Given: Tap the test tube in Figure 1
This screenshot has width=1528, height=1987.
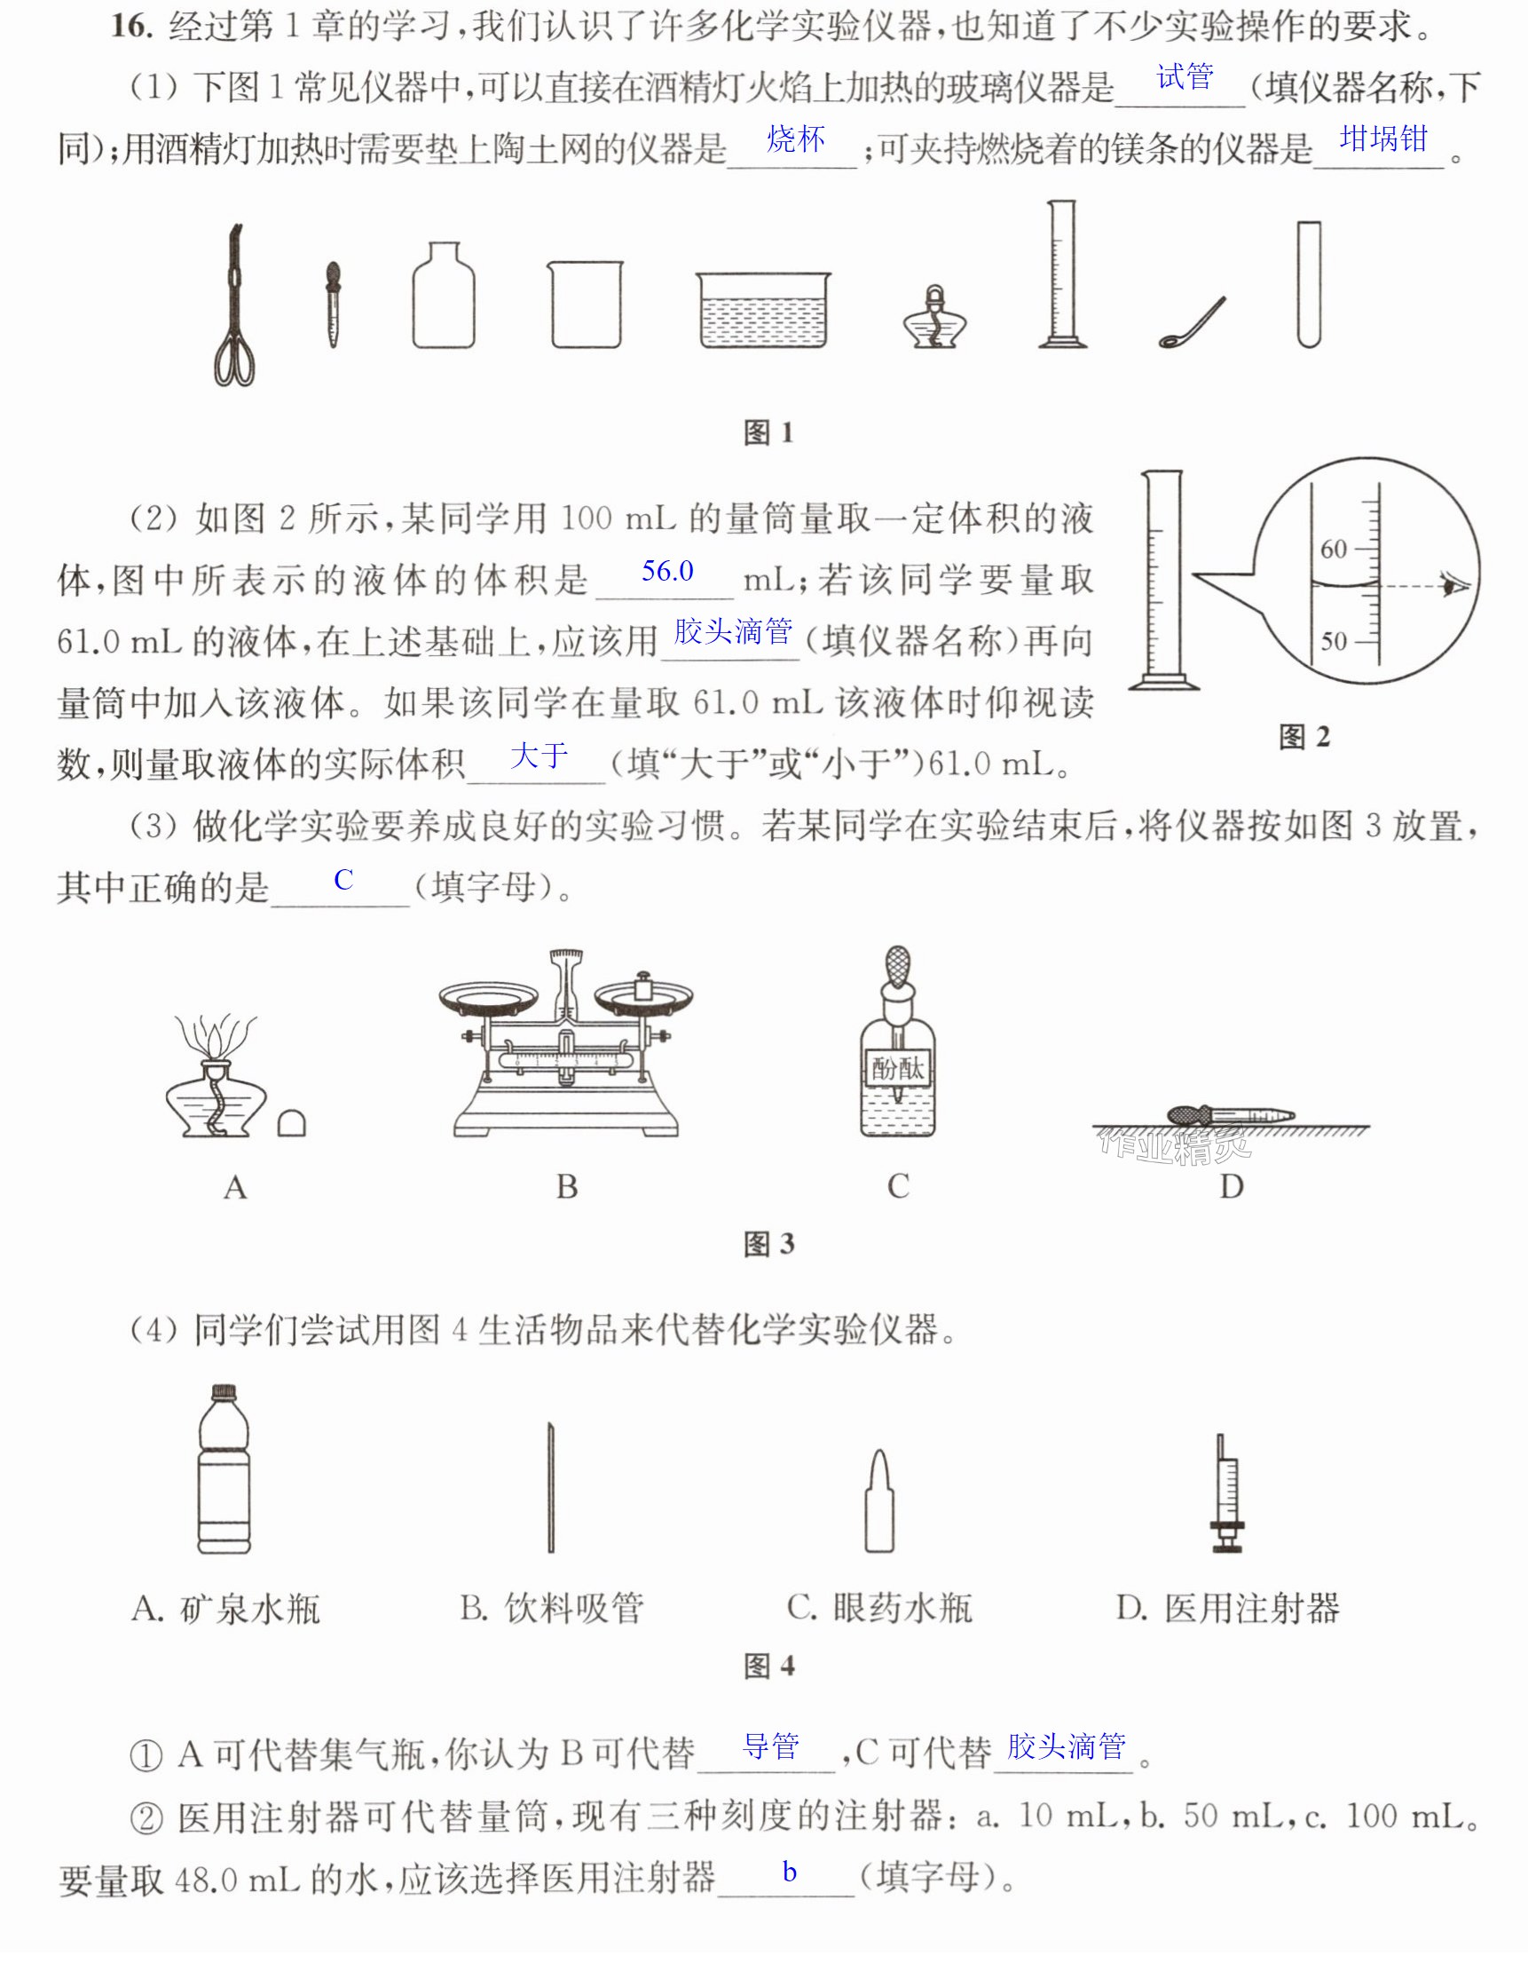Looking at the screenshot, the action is point(1309,284).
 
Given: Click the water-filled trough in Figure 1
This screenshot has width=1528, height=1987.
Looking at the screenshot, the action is point(763,309).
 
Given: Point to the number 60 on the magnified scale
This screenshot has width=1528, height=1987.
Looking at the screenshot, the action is point(1334,550).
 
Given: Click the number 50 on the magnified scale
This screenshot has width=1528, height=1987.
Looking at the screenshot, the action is point(1335,641).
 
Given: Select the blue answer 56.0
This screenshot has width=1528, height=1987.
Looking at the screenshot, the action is point(667,572).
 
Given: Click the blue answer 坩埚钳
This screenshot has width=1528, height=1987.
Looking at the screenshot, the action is point(1383,139).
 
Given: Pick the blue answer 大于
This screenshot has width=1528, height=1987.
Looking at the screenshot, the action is point(540,756).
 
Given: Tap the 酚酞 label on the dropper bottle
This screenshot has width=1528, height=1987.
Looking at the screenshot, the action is point(898,1068).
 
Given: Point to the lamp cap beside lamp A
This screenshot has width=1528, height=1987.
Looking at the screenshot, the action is point(291,1125).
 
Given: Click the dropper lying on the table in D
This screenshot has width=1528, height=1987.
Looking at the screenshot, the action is point(1231,1114).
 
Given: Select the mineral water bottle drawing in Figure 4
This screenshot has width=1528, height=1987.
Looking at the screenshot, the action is point(224,1469).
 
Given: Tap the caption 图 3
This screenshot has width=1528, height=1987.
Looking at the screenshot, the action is point(769,1244).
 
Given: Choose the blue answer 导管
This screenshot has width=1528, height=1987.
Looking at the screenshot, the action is point(771,1746).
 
